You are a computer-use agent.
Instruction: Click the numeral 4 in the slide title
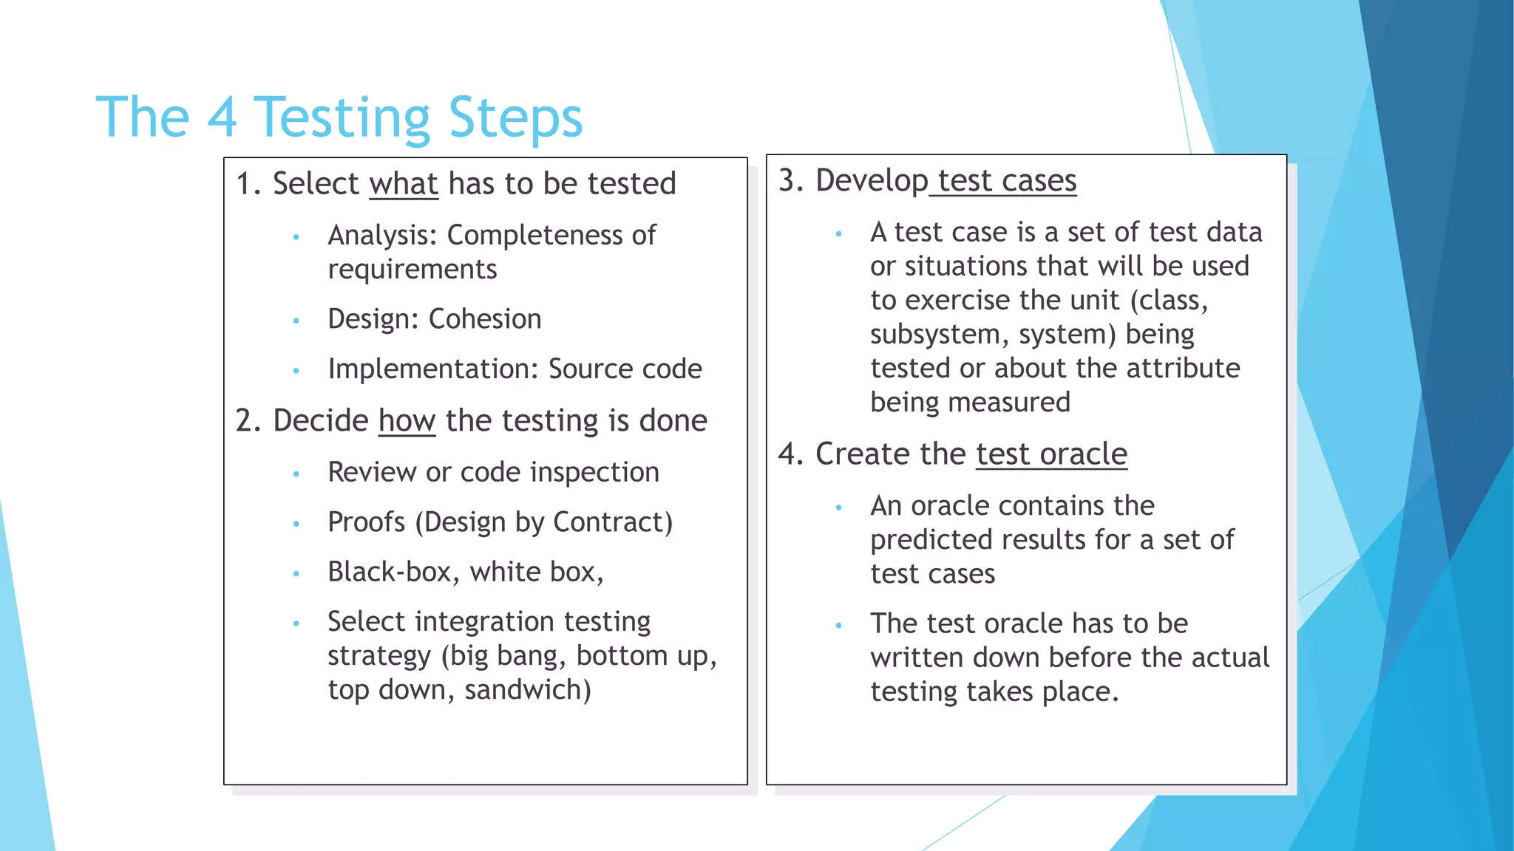[222, 117]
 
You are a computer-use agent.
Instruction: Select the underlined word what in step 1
[404, 184]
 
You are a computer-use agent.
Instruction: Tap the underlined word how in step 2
[407, 421]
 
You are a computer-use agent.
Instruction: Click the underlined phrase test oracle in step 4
[1051, 454]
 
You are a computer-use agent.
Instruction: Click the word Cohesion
[485, 319]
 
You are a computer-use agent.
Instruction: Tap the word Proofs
[367, 522]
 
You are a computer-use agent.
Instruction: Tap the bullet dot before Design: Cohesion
[296, 321]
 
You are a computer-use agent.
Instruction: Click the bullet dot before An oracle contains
[838, 507]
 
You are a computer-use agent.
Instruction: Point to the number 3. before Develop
[790, 181]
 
